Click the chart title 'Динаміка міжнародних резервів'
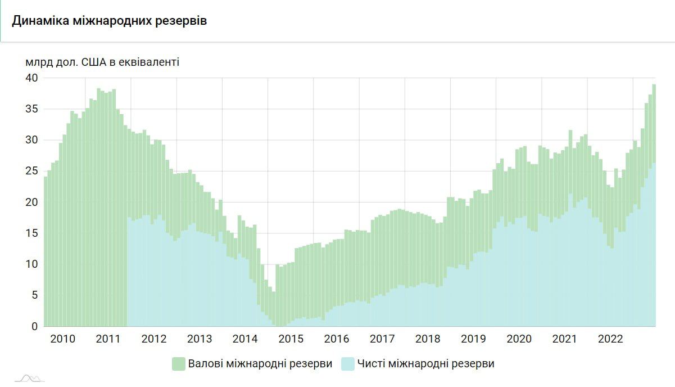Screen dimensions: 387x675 coord(110,21)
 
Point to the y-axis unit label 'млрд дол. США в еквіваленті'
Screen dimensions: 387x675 coord(102,62)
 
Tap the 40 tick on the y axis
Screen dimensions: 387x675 coord(31,78)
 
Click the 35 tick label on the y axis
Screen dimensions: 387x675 coord(31,109)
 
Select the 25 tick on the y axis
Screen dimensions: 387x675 coord(31,171)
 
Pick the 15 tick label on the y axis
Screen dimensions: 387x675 coord(31,233)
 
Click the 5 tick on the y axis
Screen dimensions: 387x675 coord(34,295)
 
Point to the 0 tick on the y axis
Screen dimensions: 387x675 coord(34,326)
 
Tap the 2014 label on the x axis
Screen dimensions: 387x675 coord(244,339)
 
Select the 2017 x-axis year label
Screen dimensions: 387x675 coord(382,339)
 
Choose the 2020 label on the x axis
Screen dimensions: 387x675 coord(519,339)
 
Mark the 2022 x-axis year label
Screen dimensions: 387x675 coord(610,339)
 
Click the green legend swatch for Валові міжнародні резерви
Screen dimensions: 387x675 coord(179,364)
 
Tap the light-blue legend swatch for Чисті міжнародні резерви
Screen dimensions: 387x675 coord(347,364)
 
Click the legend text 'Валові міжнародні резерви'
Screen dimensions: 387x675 coord(260,364)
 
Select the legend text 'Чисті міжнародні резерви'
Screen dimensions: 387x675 coord(426,364)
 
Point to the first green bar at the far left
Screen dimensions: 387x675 coord(46,253)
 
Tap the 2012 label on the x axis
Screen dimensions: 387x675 coord(153,339)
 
